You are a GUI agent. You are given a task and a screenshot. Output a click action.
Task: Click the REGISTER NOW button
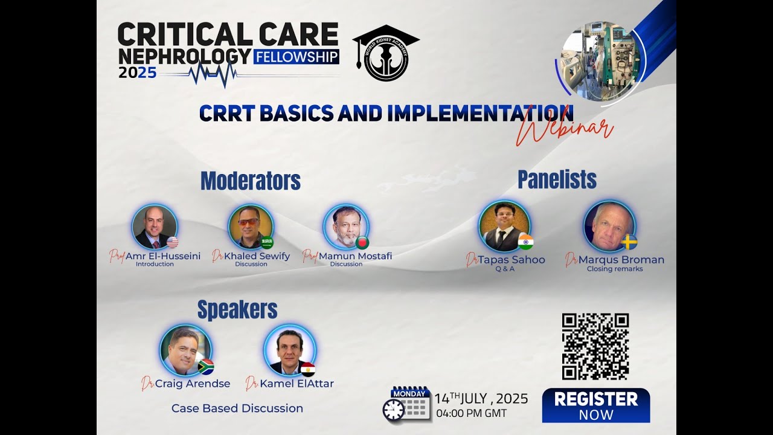595,405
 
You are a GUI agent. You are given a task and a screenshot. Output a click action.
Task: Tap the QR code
595,346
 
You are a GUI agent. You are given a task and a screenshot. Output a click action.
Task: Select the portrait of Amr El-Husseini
155,227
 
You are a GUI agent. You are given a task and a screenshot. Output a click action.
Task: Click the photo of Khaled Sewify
251,227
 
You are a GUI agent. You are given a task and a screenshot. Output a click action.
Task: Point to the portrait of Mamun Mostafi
346,227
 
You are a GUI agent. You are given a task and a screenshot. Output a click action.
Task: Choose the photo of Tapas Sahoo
504,226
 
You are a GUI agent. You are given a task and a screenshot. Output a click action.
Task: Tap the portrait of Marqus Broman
609,226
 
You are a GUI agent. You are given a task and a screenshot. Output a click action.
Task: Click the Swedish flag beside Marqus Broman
630,242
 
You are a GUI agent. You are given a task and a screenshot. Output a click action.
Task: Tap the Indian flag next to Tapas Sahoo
525,242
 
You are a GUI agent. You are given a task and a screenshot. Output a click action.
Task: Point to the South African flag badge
206,367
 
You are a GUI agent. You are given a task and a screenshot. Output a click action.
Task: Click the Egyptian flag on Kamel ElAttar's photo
308,369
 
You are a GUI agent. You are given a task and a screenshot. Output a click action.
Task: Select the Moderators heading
250,181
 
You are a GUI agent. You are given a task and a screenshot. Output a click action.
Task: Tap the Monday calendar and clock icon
406,404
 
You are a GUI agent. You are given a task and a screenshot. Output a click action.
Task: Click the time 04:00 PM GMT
471,414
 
